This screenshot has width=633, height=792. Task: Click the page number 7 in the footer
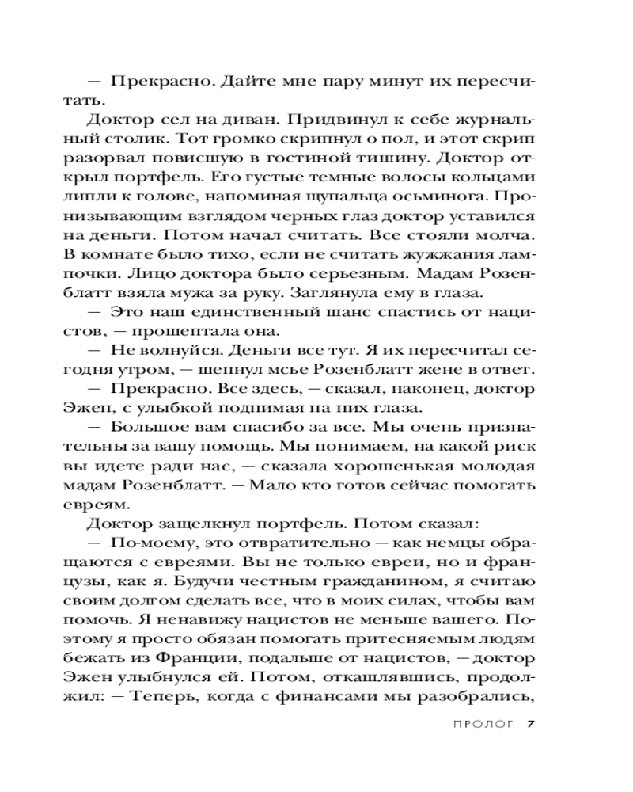532,723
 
